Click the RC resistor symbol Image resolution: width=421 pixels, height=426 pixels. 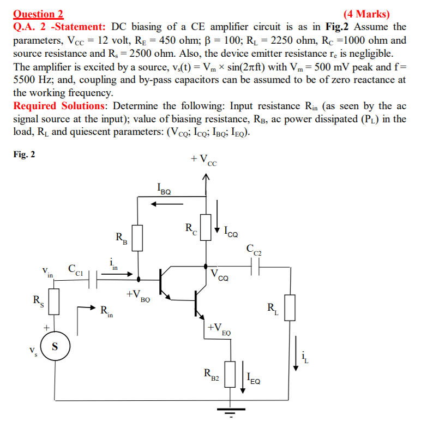206,224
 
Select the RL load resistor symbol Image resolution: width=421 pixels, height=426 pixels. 289,307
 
